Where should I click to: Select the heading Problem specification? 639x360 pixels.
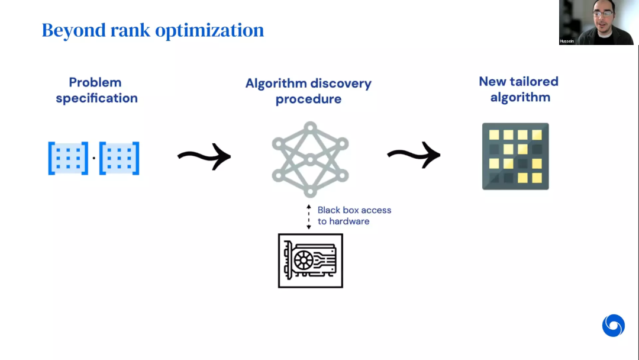96,90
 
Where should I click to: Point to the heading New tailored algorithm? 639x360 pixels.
519,89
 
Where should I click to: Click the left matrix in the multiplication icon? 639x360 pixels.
68,158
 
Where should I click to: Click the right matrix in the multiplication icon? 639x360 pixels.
119,158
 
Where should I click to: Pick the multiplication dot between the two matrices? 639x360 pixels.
93,159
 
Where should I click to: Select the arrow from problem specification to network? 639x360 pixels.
204,157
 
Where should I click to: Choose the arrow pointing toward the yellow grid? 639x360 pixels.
414,155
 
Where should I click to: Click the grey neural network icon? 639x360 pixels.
310,159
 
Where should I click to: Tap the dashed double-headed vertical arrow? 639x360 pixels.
308,217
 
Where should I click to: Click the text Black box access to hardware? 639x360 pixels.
354,216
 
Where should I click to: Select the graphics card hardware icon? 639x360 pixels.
310,261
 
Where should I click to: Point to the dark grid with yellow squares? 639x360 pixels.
515,156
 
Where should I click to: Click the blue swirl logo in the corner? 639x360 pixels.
613,326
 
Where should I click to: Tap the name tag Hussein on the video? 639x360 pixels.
567,41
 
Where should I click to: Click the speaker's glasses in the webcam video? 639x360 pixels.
603,14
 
